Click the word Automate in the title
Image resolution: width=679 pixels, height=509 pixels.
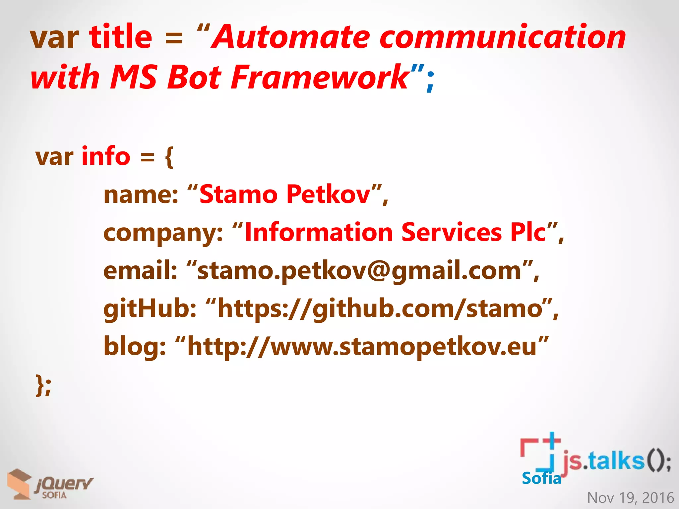coord(291,37)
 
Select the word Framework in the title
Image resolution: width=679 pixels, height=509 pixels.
coord(320,77)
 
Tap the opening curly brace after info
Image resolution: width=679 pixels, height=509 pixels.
coord(169,157)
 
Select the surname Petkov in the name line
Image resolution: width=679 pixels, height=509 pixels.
coord(328,194)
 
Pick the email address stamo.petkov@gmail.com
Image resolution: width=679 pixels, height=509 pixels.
coord(360,271)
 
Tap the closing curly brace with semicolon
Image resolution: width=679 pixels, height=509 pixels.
coord(43,385)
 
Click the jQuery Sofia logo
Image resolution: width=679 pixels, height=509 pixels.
coord(50,484)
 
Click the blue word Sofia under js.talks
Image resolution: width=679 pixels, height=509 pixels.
coord(541,478)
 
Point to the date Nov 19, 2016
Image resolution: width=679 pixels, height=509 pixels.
coord(630,498)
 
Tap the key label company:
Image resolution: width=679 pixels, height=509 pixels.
coord(163,233)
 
